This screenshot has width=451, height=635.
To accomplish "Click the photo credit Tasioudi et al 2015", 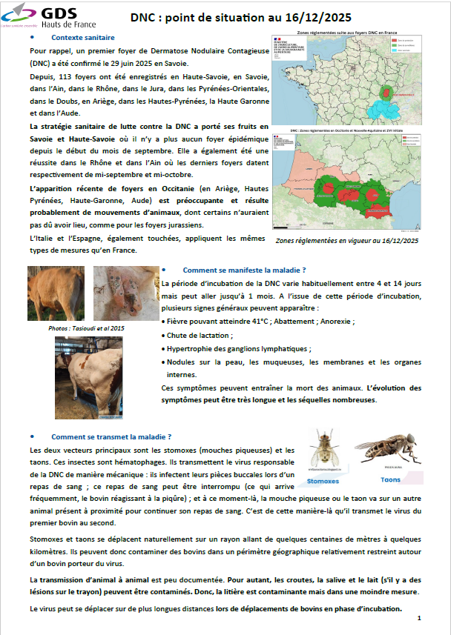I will click(x=76, y=327).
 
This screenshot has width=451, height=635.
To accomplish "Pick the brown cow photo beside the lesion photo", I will click(x=56, y=292).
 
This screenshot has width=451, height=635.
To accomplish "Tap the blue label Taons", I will click(x=390, y=479).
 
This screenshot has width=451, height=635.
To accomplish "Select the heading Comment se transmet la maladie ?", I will click(x=111, y=436).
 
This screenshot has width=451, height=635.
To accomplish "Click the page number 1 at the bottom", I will click(x=419, y=617).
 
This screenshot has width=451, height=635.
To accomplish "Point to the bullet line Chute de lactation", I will click(x=199, y=335).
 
